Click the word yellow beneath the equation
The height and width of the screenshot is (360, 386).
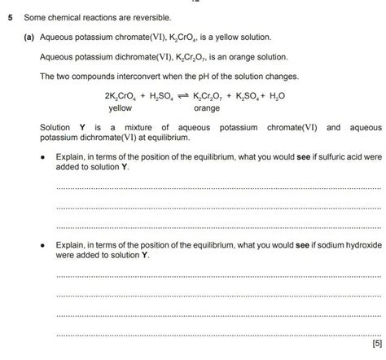point(120,108)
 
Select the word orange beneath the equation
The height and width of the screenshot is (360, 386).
point(207,108)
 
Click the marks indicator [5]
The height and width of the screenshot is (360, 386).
point(375,343)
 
